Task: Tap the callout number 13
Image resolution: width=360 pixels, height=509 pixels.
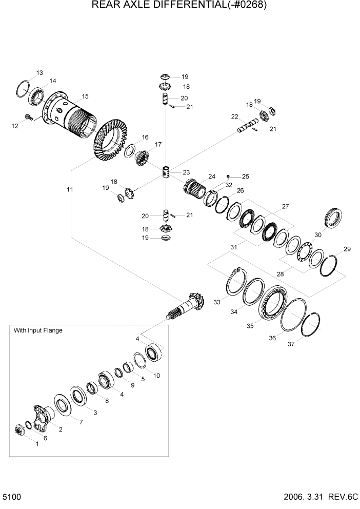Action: coord(39,72)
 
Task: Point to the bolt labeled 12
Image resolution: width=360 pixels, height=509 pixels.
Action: coord(30,118)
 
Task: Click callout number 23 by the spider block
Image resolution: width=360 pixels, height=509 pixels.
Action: coord(186,172)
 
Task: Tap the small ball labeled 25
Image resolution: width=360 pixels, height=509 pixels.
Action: coord(228,176)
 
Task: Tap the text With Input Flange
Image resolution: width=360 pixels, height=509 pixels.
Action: coord(38,331)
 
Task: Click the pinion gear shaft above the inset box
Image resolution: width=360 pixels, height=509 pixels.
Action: coord(187,307)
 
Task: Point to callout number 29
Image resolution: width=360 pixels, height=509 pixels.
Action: coord(347,249)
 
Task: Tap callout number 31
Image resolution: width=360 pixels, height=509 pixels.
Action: coord(233,247)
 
